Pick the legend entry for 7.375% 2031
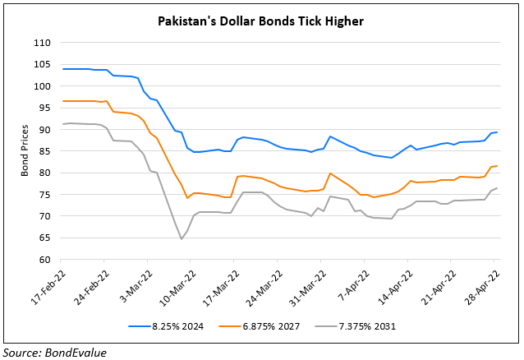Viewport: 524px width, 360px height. click(x=364, y=326)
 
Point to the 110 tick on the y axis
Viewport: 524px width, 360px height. click(x=40, y=43)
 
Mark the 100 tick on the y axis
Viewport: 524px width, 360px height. click(x=40, y=86)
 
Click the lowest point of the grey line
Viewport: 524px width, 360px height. click(x=181, y=239)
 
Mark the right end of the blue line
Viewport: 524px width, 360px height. click(x=497, y=132)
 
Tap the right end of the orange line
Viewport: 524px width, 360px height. click(x=497, y=166)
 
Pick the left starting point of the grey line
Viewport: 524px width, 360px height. click(x=62, y=124)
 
